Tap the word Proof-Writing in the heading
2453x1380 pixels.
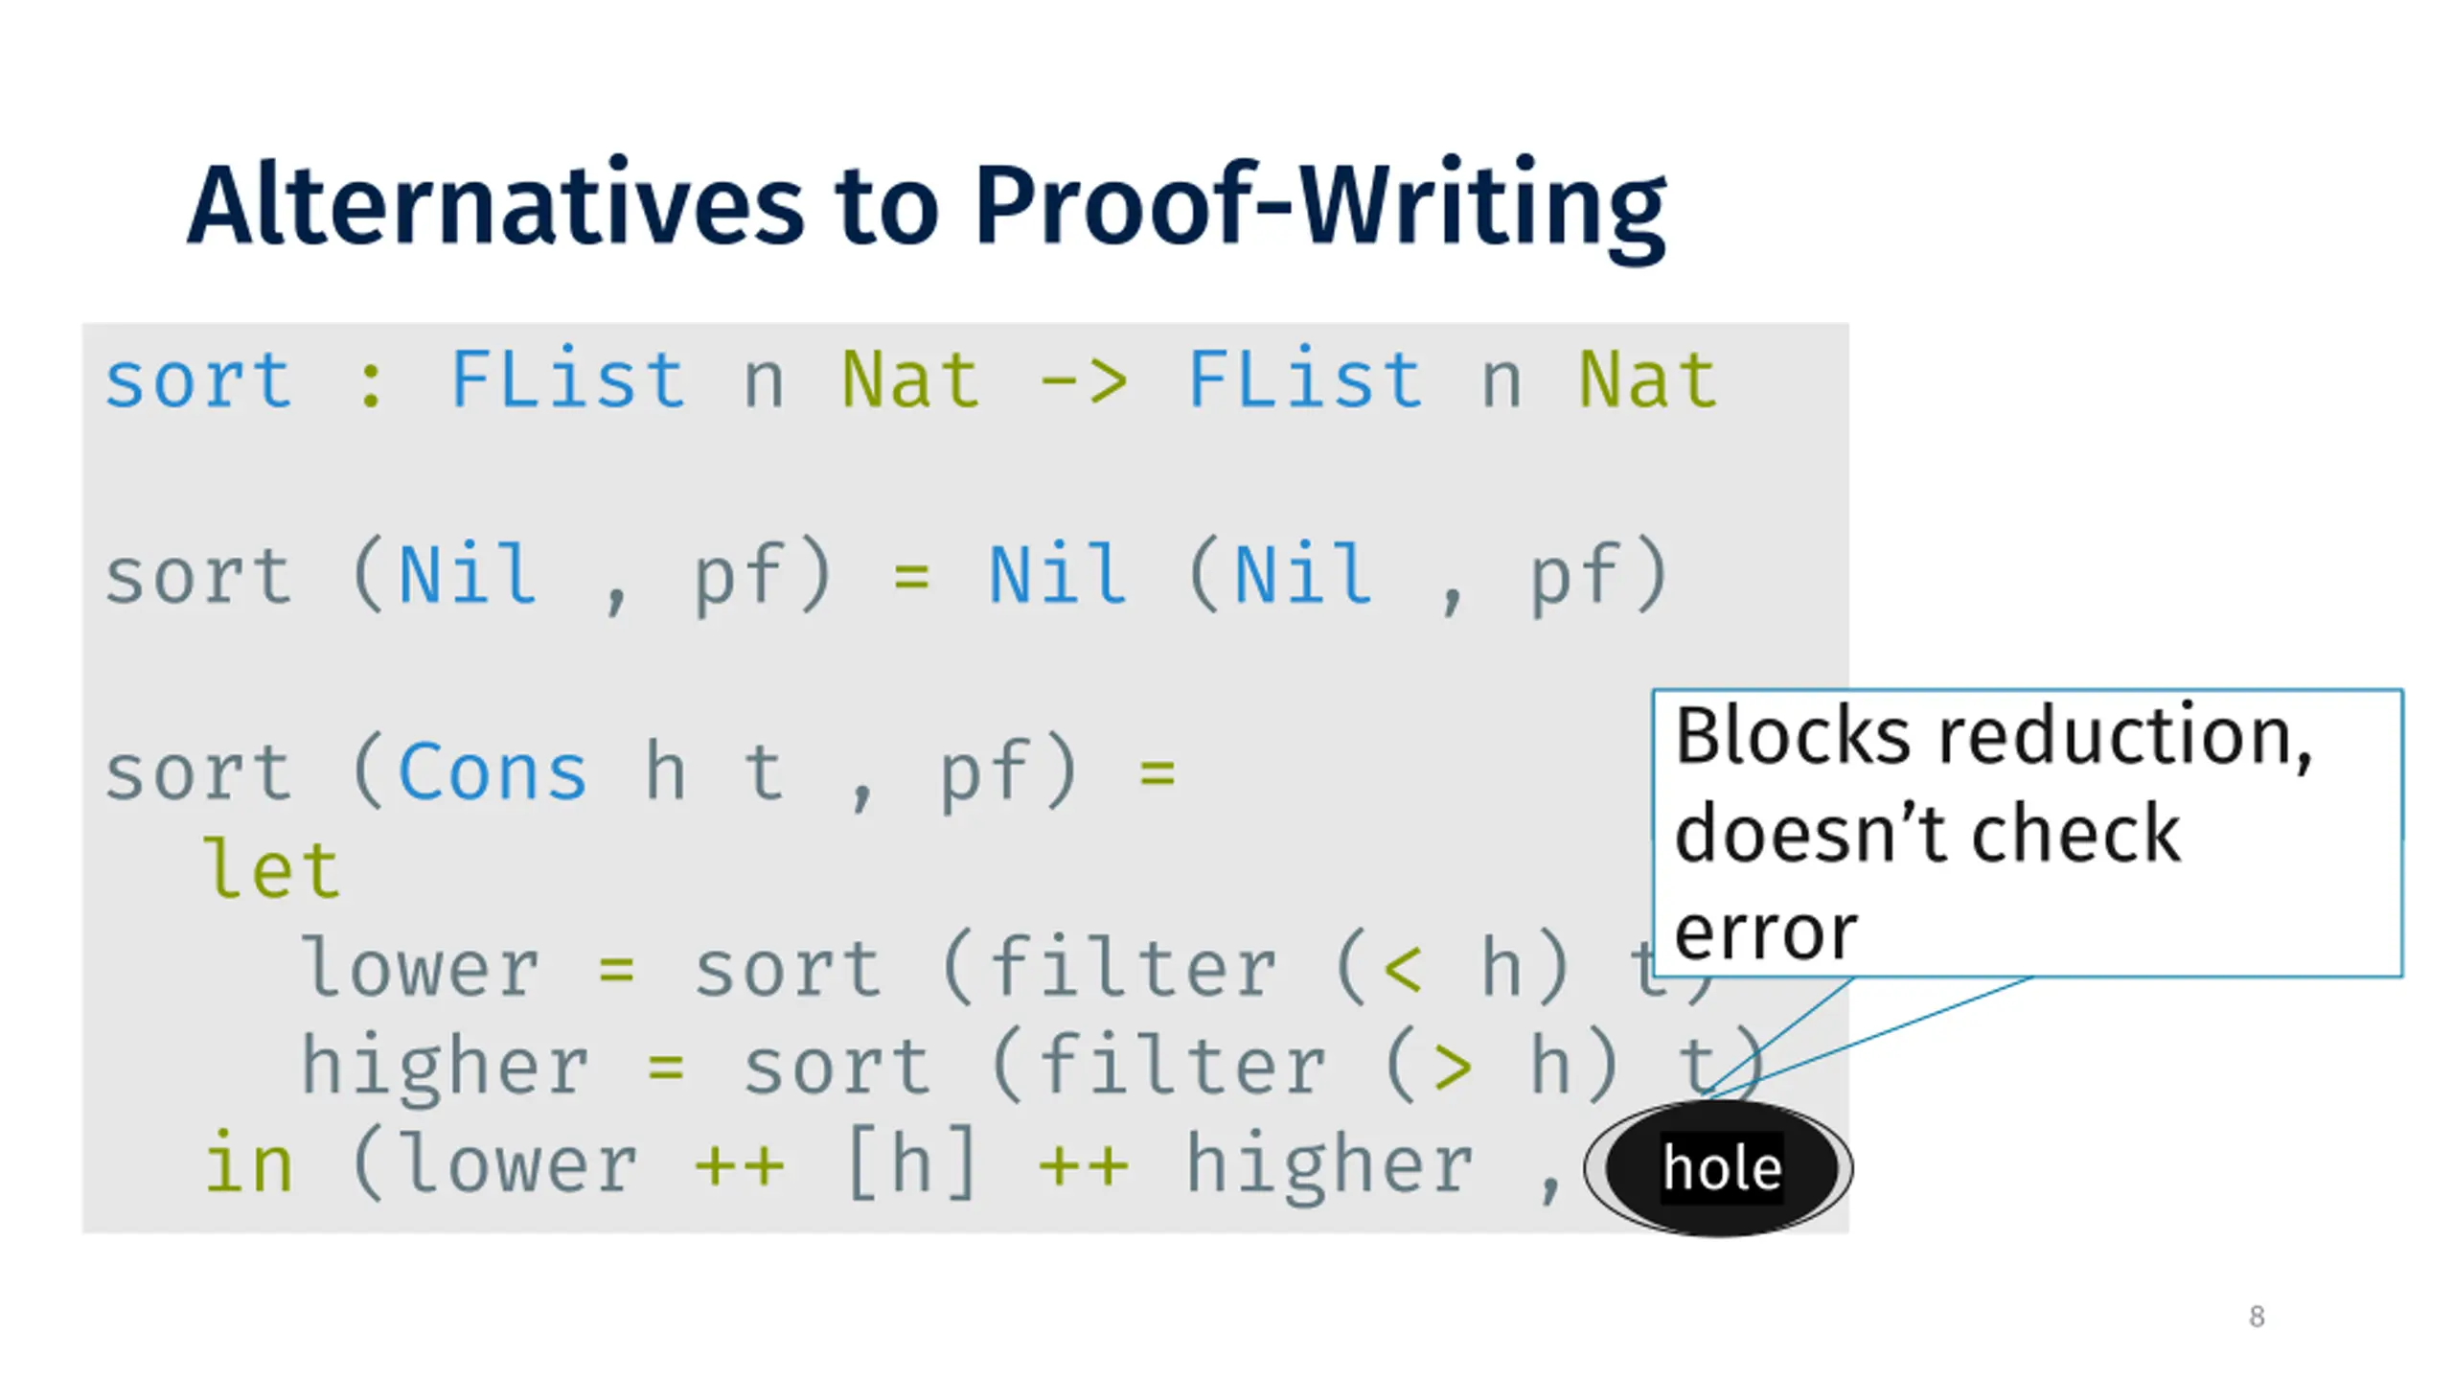click(x=1320, y=206)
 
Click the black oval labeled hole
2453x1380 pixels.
click(x=1720, y=1168)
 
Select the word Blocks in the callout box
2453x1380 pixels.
click(x=1793, y=736)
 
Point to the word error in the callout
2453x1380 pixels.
click(x=1766, y=932)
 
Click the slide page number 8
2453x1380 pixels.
click(x=2257, y=1316)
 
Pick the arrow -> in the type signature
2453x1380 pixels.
click(x=1084, y=381)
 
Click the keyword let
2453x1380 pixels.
click(x=272, y=870)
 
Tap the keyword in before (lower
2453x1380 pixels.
click(x=248, y=1163)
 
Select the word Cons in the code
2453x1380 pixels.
click(x=492, y=772)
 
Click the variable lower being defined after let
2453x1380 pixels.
click(x=420, y=969)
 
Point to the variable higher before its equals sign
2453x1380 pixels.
click(x=445, y=1067)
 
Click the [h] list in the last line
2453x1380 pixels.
click(x=911, y=1163)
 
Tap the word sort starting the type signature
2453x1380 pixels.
click(x=198, y=381)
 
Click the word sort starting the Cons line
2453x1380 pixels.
click(x=198, y=772)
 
